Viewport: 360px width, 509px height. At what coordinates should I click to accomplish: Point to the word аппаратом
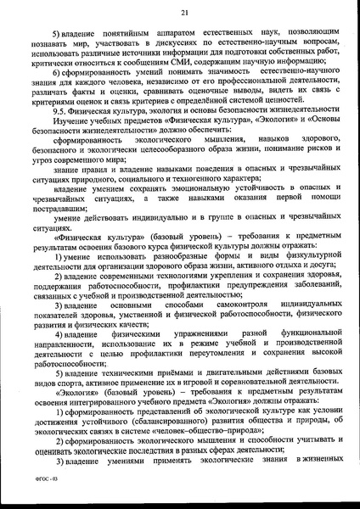149,31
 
